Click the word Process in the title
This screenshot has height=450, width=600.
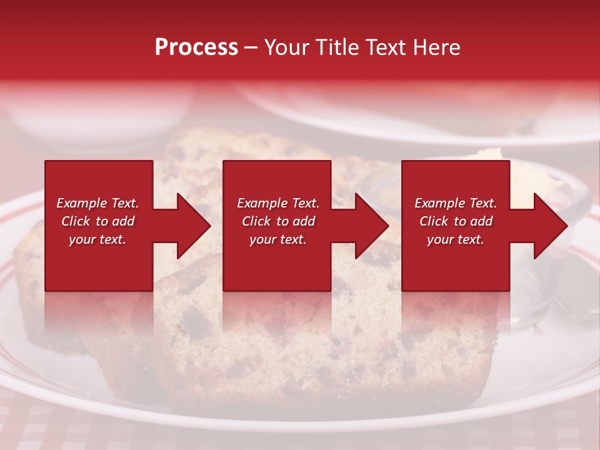pyautogui.click(x=196, y=47)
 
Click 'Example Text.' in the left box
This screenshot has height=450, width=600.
pyautogui.click(x=97, y=203)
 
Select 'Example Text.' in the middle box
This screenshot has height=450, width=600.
pyautogui.click(x=277, y=203)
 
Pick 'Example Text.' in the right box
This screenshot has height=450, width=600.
pyautogui.click(x=456, y=203)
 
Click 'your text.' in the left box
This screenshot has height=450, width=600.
pyautogui.click(x=97, y=239)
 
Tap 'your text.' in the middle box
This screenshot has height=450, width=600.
pyautogui.click(x=277, y=239)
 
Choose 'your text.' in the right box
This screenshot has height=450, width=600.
pyautogui.click(x=456, y=239)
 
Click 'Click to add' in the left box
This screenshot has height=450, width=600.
pyautogui.click(x=97, y=221)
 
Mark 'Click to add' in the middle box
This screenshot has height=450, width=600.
pyautogui.click(x=277, y=221)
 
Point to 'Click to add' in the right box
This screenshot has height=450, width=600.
pyautogui.click(x=456, y=221)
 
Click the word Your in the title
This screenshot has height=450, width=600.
pyautogui.click(x=287, y=47)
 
